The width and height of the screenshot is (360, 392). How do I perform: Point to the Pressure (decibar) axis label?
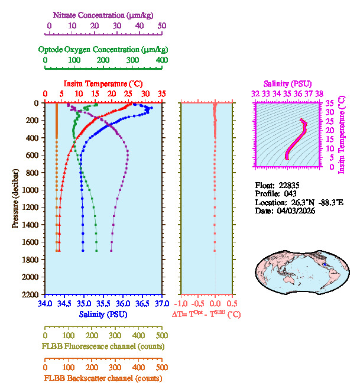[x=15, y=198]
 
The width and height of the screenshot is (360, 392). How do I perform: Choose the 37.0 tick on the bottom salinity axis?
[x=160, y=303]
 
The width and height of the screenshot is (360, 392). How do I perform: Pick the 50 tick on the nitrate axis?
[x=161, y=26]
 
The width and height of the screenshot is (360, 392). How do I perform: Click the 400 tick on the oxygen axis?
[x=161, y=60]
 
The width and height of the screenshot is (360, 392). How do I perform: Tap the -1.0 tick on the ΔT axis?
[x=181, y=303]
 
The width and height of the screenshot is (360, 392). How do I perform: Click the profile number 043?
[x=291, y=193]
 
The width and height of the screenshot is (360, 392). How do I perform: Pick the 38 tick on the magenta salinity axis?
[x=319, y=93]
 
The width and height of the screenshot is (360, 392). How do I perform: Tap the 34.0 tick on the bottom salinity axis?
[x=45, y=303]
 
